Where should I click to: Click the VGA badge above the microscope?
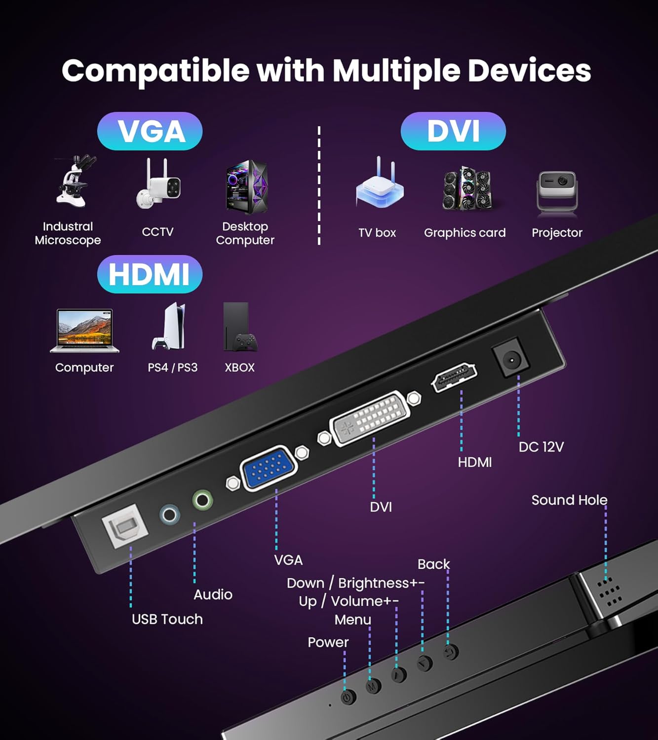pos(150,131)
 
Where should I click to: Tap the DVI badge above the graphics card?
pos(453,131)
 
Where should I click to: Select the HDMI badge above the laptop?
pos(150,274)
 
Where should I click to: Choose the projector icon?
pos(557,193)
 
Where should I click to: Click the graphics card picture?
pos(466,188)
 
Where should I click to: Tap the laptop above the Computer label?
pos(84,331)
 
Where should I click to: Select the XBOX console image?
pos(239,327)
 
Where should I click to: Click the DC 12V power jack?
pos(511,360)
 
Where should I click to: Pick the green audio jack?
pos(202,500)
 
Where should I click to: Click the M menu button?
pos(373,686)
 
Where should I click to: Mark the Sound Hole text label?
pos(569,500)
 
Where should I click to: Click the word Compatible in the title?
pos(155,71)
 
